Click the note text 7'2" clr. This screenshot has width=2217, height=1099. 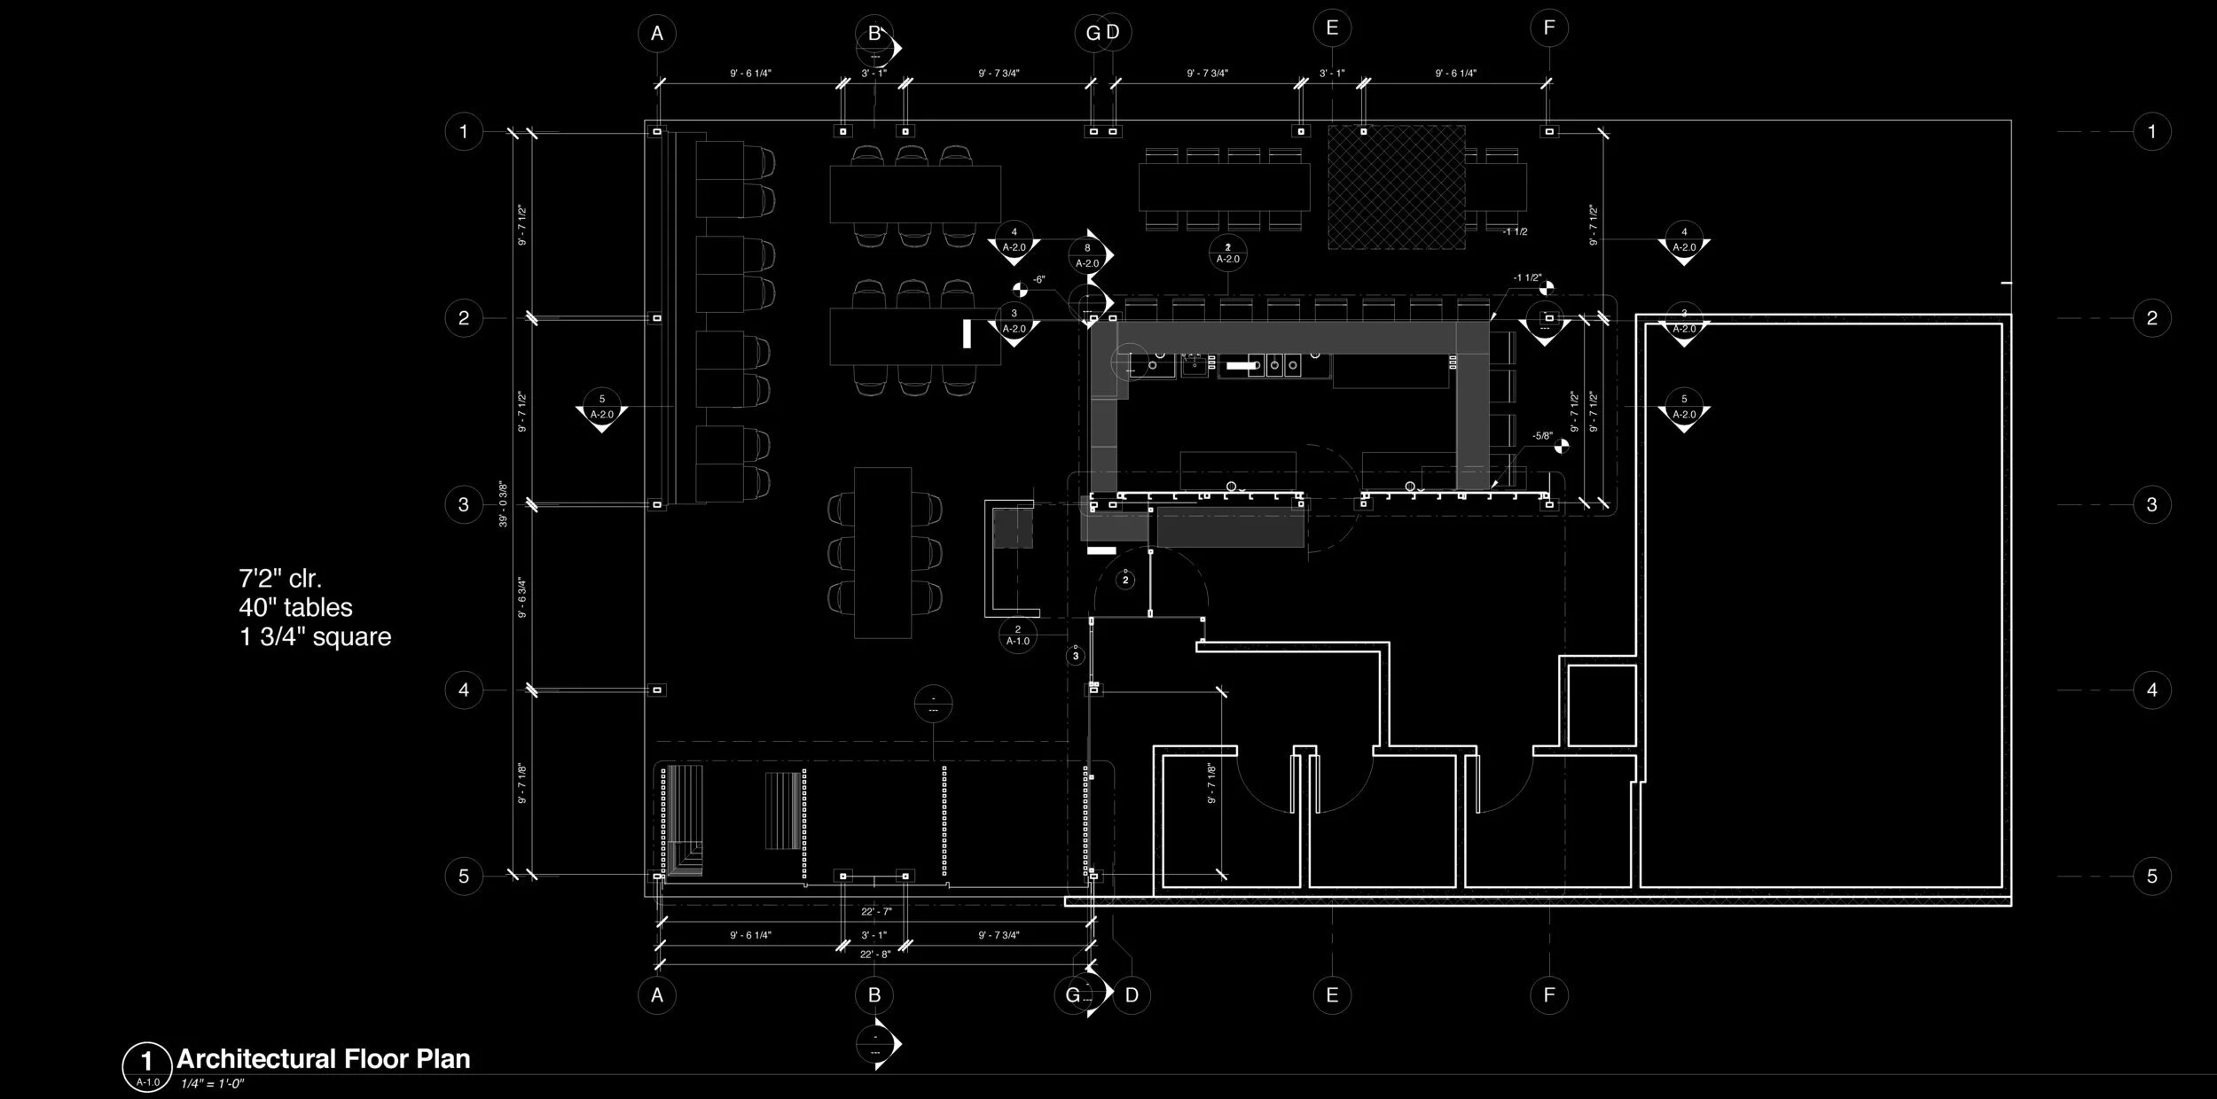[279, 579]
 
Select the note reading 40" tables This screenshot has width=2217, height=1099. [295, 608]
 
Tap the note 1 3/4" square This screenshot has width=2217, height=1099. [315, 637]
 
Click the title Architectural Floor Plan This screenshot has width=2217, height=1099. [323, 1059]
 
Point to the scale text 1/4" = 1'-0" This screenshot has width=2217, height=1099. [212, 1084]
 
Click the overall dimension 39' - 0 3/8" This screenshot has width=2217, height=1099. [503, 504]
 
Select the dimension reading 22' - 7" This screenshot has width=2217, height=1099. [875, 911]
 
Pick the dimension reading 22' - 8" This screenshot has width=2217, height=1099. [875, 954]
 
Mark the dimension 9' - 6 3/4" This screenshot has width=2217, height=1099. [522, 597]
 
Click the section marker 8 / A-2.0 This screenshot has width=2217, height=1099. [1088, 255]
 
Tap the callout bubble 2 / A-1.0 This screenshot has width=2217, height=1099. [1017, 635]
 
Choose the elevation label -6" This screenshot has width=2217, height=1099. [1038, 280]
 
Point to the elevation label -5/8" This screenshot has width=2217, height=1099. [1542, 436]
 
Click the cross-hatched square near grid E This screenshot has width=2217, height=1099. [1396, 187]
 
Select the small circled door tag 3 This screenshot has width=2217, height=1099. [1076, 656]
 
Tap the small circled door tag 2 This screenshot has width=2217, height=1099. [1125, 581]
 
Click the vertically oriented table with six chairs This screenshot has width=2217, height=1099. [883, 553]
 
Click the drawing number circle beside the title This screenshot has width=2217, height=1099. [147, 1066]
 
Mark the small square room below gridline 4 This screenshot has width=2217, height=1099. [1602, 705]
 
